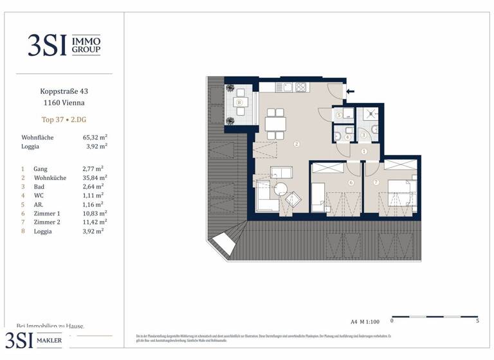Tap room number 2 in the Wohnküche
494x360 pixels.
(297, 144)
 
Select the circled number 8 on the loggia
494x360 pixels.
(239, 102)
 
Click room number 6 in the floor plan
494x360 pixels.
(351, 183)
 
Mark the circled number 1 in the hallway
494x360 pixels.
(363, 151)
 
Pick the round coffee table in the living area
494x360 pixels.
(280, 190)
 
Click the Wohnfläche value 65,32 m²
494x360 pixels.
(95, 138)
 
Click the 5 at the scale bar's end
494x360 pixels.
(477, 320)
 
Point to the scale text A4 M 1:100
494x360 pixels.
(365, 320)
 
